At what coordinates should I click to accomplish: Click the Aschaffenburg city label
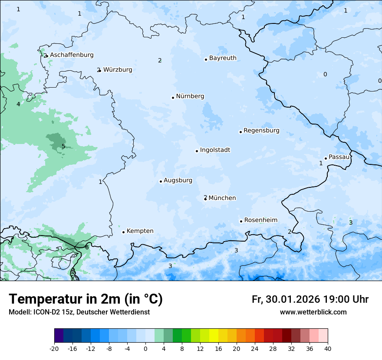[x=72, y=55]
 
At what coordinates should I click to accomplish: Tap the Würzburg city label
[x=118, y=70]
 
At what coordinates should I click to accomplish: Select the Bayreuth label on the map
[x=223, y=58]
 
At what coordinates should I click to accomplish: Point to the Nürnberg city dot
[x=173, y=98]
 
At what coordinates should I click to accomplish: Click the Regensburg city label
[x=261, y=131]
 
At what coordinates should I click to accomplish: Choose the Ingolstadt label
[x=215, y=150]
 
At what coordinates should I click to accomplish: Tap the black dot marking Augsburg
[x=161, y=181]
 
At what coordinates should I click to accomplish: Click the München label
[x=222, y=198]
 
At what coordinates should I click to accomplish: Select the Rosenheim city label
[x=260, y=220]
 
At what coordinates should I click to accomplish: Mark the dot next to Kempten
[x=123, y=232]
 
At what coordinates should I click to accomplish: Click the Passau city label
[x=339, y=157]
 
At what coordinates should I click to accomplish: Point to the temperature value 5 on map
[x=63, y=147]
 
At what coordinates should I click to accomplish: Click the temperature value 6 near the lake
[x=87, y=247]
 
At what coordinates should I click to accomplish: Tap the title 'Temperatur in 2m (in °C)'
[x=86, y=299]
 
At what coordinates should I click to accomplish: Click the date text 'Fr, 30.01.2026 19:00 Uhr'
[x=310, y=299]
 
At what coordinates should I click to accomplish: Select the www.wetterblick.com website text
[x=313, y=312]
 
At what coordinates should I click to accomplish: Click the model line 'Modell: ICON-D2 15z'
[x=79, y=312]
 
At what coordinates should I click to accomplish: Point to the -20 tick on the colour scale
[x=54, y=348]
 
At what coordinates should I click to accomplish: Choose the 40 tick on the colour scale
[x=328, y=348]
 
